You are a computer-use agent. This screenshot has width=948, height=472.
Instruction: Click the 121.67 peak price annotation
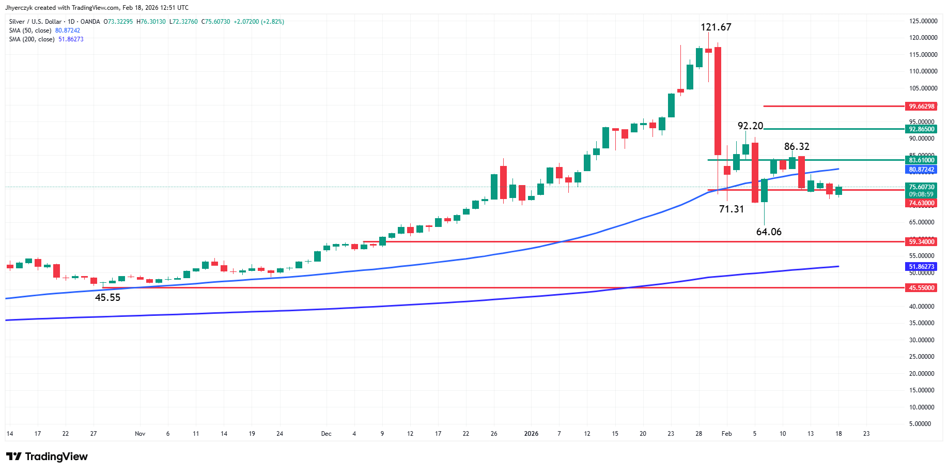pos(716,27)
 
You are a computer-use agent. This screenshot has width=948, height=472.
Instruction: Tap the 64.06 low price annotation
pos(769,232)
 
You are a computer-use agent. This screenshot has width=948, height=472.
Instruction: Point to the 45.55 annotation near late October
pos(107,298)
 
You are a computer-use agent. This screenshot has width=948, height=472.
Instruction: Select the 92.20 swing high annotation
pos(750,126)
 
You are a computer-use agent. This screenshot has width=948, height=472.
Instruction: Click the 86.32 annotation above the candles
pos(797,147)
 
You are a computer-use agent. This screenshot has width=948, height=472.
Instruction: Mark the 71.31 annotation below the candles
pos(732,209)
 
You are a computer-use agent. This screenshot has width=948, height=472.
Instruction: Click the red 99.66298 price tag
pos(922,106)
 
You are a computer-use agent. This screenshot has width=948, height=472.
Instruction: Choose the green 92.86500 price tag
pos(922,129)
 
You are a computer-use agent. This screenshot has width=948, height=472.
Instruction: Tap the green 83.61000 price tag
pos(922,160)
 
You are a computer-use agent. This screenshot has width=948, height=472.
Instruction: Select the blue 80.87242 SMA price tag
pos(922,170)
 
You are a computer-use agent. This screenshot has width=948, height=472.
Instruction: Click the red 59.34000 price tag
pos(922,242)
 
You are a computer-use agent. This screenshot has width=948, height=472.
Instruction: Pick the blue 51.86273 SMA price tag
pos(922,267)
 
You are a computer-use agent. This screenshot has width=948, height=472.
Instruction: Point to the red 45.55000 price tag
pos(922,288)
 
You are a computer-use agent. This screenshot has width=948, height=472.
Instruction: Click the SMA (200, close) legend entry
pos(32,39)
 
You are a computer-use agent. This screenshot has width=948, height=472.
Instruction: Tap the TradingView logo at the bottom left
pos(47,456)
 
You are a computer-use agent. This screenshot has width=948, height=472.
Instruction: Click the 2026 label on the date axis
pos(531,434)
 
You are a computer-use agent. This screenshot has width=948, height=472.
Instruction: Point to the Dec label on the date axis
pos(326,434)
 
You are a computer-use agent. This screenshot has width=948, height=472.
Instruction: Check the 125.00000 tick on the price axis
pos(923,21)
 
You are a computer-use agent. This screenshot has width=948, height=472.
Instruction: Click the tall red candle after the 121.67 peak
pos(718,101)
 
